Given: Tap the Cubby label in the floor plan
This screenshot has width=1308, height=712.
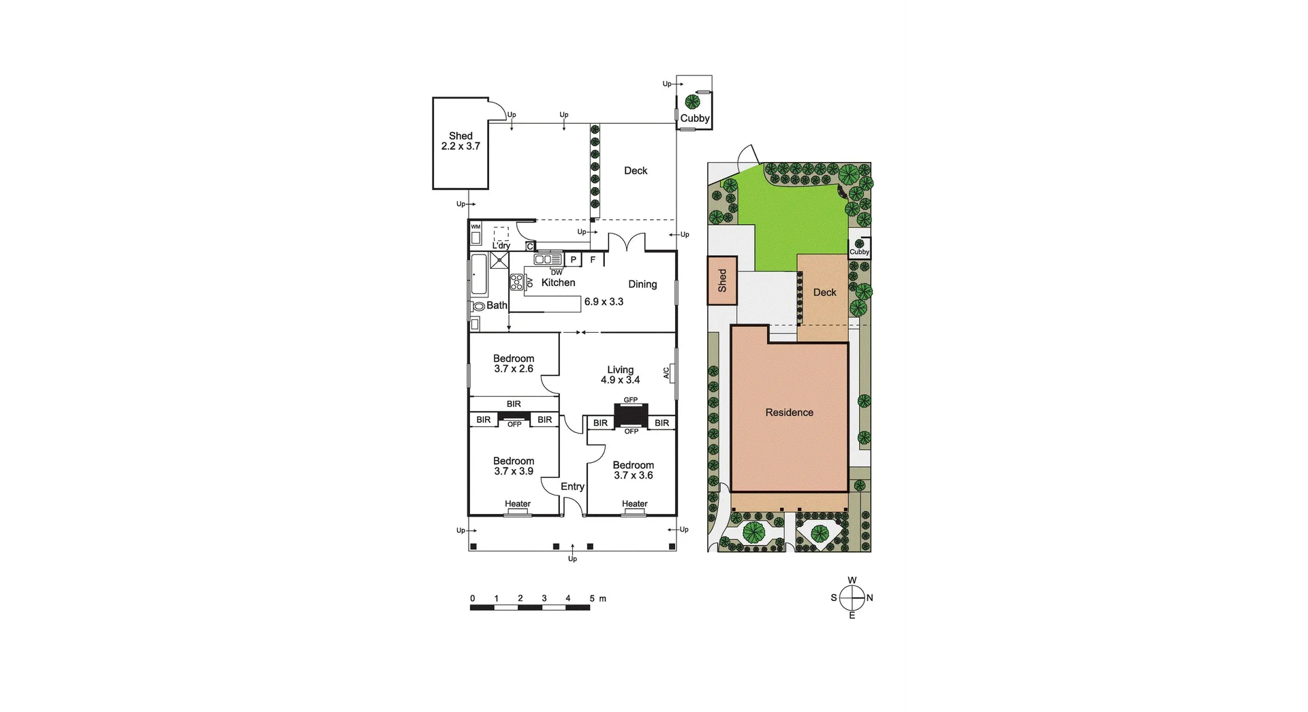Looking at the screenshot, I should (x=695, y=118).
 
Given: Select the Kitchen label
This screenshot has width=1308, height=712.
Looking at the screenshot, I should (x=558, y=282).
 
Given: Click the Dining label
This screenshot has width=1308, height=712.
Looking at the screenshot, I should (x=642, y=285).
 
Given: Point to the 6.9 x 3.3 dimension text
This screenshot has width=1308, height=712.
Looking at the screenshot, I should (x=604, y=302).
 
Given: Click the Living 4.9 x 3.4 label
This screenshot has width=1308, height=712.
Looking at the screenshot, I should (x=620, y=375).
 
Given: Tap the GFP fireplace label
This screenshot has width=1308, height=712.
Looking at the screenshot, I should (x=631, y=400).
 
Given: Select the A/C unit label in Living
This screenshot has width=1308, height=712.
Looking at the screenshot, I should (x=667, y=373).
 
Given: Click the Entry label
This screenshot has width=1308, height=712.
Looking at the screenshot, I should (x=572, y=487).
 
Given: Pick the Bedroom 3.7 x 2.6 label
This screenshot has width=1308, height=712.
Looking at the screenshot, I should (x=514, y=363).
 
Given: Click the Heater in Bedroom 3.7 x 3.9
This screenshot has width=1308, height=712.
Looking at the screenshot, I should (x=518, y=504).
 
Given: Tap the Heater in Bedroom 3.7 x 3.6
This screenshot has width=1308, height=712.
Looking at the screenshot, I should (x=634, y=504).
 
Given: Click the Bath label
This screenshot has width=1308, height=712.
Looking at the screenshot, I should (x=497, y=306).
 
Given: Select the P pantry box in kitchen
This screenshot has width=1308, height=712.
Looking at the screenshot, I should (x=573, y=260).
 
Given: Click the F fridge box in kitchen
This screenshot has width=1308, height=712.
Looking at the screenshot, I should (x=593, y=260).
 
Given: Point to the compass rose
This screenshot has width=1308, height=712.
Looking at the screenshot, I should (x=852, y=598).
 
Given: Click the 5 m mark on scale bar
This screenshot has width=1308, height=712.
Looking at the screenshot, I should (x=591, y=599).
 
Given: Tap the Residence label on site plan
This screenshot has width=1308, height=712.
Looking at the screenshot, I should (x=789, y=412).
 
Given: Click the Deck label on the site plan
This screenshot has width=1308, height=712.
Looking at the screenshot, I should (x=824, y=293).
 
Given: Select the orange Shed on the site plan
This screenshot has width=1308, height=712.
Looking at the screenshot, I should (x=722, y=280).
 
